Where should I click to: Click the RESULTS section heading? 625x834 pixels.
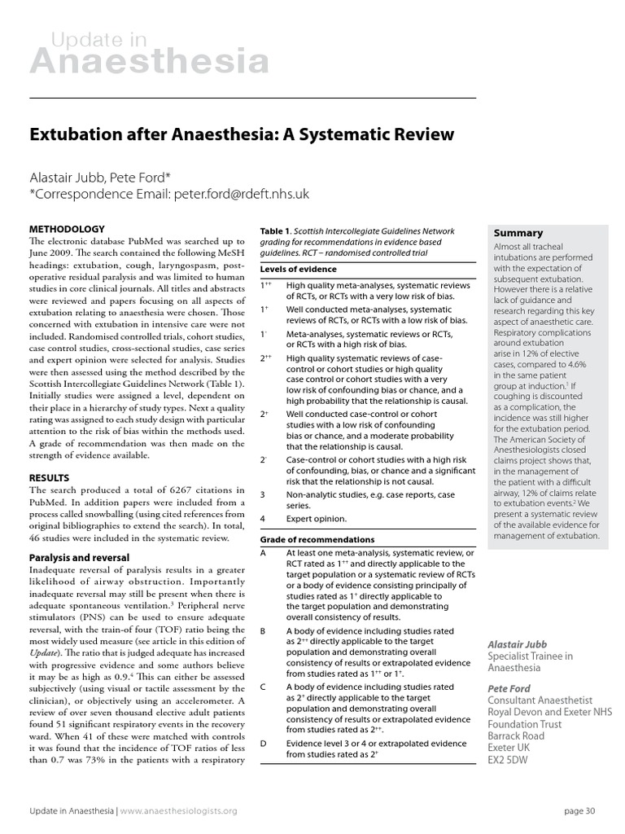click(49, 477)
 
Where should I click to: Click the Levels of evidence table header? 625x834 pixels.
click(299, 269)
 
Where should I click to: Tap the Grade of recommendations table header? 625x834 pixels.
click(317, 539)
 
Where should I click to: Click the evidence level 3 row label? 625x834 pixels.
click(263, 494)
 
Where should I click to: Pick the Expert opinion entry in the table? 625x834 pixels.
click(317, 518)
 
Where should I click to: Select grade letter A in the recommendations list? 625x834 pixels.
click(264, 552)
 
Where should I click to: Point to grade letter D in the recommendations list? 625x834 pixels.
click(264, 744)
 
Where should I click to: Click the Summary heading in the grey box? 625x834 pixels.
click(518, 233)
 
